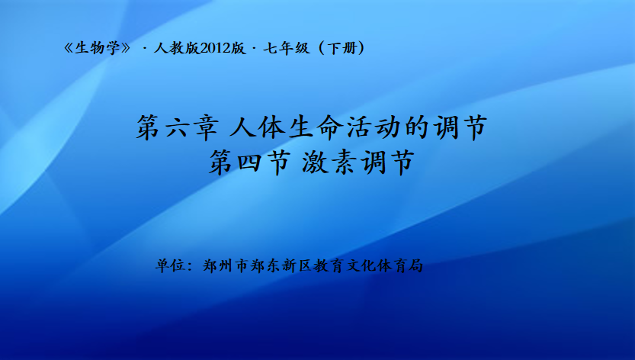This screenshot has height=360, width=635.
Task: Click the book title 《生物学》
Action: pos(98,48)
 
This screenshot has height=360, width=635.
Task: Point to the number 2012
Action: pos(215,48)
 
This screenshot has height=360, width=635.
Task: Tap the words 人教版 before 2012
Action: pos(177,48)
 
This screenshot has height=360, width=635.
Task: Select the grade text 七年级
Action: pos(287,48)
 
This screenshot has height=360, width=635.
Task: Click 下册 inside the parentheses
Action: pos(342,48)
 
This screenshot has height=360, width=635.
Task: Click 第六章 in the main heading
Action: pos(178,127)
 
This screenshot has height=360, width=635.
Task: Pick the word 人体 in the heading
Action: pos(257,127)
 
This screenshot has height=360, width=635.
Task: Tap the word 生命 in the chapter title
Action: pos(316,127)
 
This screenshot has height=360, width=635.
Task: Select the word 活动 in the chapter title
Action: pos(374,127)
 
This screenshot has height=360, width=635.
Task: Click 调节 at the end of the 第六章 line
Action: pos(460,127)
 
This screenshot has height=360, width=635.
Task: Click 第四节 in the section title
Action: pos(250,162)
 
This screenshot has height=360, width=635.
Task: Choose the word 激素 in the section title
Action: pos(329,162)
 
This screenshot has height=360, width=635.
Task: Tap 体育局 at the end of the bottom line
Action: pos(399,266)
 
